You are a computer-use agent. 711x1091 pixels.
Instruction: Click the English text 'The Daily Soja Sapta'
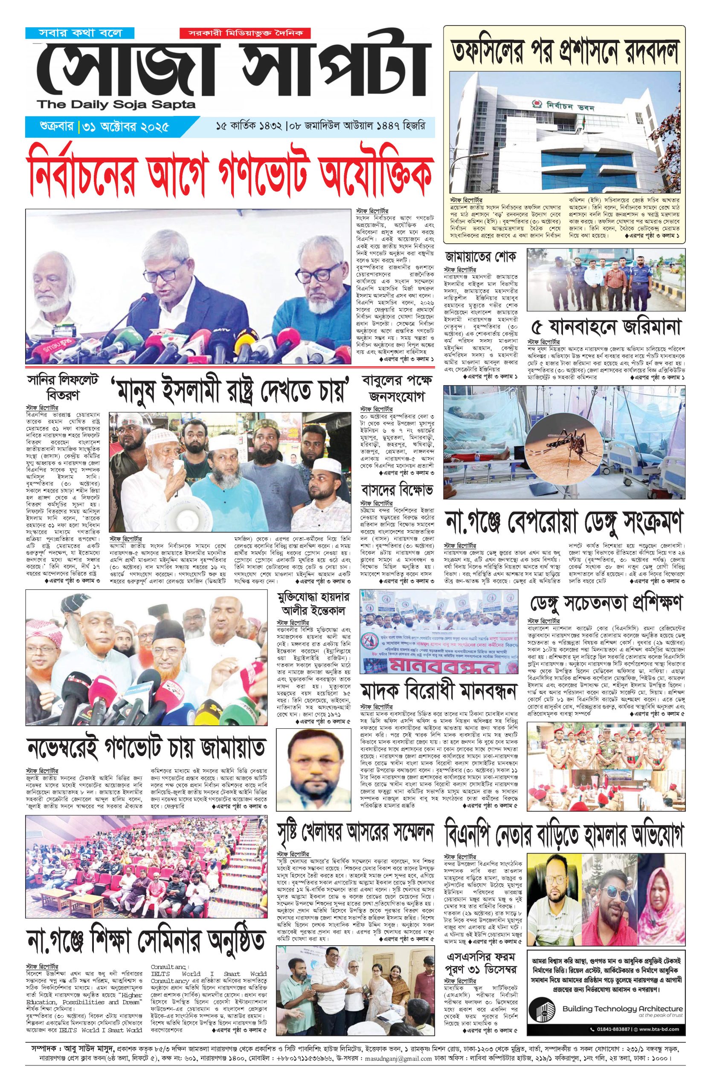[117, 105]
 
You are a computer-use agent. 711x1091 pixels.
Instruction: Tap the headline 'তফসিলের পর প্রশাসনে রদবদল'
[564, 50]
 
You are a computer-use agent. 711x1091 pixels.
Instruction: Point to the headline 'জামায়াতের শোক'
[480, 255]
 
